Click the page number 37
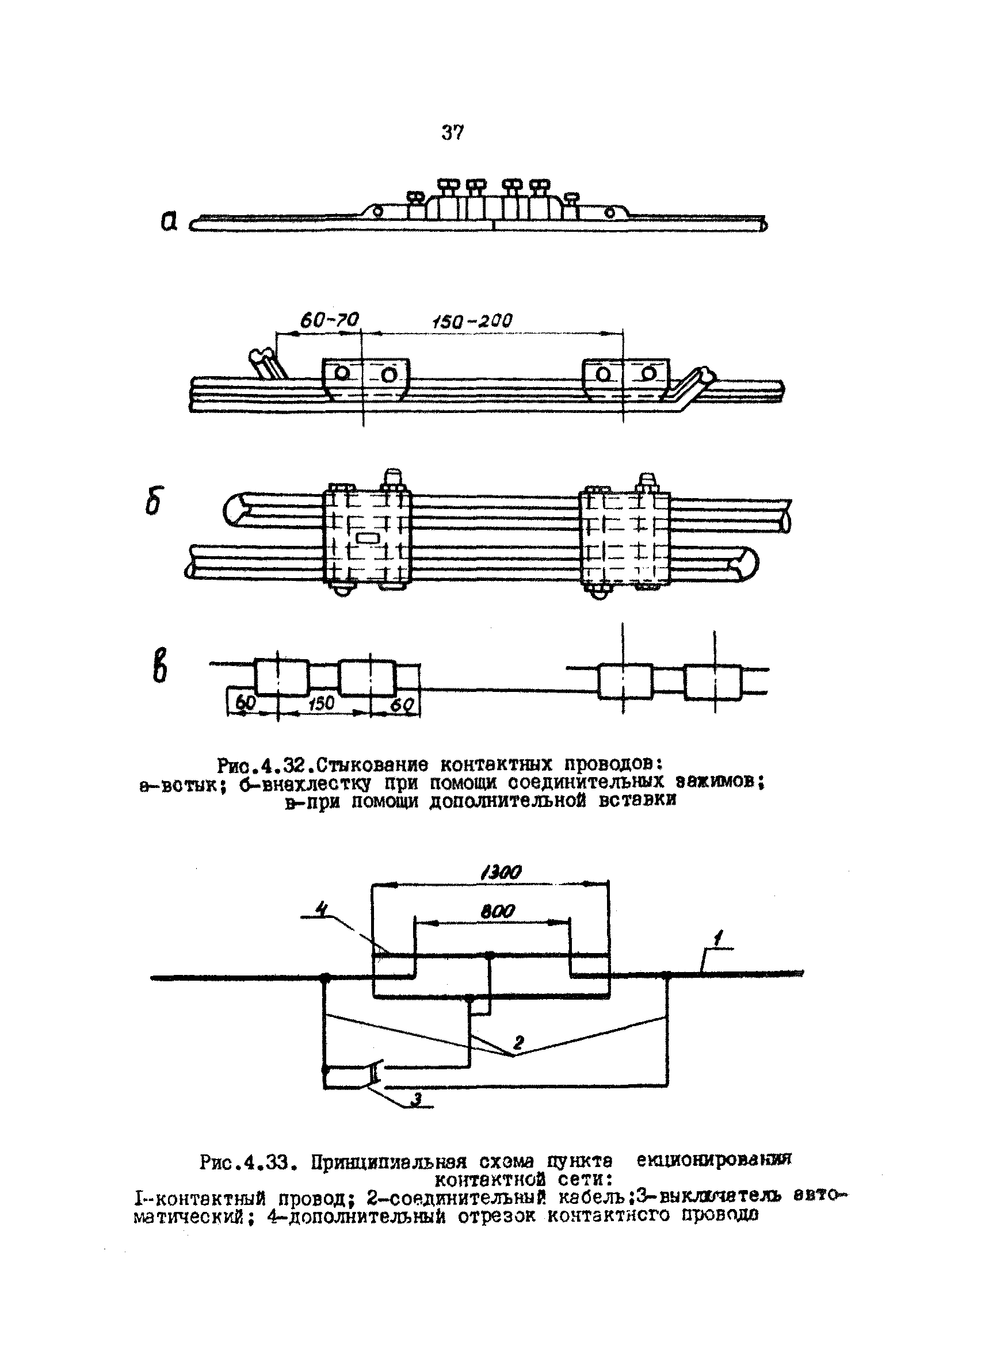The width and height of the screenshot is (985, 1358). pos(452,132)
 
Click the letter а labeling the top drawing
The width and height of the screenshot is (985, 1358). pos(170,222)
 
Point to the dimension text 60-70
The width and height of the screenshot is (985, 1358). pos(329,321)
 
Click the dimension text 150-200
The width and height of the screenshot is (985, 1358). pos(472,321)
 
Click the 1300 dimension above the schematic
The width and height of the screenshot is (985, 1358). pos(501,873)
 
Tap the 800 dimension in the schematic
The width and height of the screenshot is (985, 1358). pos(498,911)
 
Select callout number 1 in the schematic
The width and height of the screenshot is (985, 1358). pos(718,936)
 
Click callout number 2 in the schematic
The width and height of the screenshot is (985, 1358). pos(518,1042)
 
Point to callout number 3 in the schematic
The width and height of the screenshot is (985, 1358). pos(417,1098)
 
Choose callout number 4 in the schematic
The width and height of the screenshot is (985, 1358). pos(322,909)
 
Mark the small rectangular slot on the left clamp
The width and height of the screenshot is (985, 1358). pos(368,538)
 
